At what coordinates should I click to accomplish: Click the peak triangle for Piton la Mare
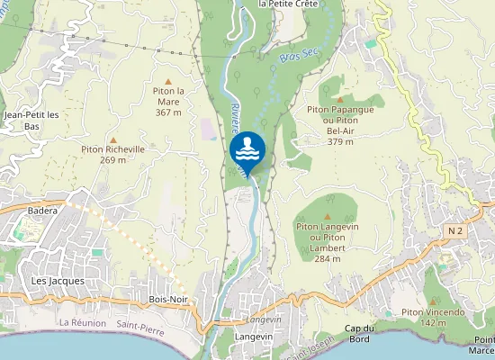(167, 81)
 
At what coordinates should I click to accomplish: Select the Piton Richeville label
(112, 154)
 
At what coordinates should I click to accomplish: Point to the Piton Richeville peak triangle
(112, 139)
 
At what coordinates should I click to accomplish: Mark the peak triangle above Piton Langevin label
(327, 217)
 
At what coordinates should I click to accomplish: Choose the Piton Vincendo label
(434, 317)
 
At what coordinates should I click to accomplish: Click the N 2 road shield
(455, 231)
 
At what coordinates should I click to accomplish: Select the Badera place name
(42, 211)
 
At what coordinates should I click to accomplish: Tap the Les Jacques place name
(58, 281)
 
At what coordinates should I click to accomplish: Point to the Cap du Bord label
(364, 333)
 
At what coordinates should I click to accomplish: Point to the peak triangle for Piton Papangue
(339, 97)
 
